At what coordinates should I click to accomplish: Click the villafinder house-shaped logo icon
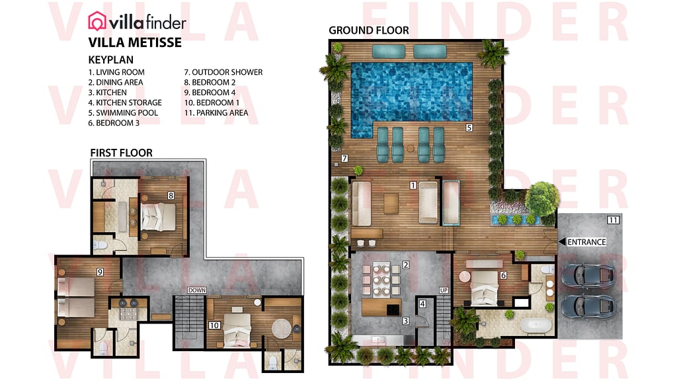[x=97, y=22]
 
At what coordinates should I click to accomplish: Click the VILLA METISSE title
[x=135, y=43]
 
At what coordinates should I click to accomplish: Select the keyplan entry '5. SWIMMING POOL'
[x=120, y=113]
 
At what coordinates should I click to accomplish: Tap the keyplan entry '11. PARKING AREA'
[x=216, y=113]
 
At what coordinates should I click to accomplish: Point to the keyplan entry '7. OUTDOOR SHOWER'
[x=223, y=72]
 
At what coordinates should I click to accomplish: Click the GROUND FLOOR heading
[x=368, y=30]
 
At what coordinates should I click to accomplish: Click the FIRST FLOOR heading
[x=121, y=153]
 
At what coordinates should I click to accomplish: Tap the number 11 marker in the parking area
[x=612, y=220]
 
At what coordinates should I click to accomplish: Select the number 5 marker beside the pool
[x=469, y=127]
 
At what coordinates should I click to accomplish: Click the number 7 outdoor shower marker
[x=344, y=159]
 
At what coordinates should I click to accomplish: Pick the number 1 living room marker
[x=413, y=186]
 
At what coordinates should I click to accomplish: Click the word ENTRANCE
[x=586, y=242]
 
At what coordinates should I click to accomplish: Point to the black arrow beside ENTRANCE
[x=562, y=242]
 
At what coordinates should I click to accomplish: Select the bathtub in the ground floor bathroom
[x=533, y=326]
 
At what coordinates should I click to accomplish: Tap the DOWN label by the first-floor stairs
[x=197, y=290]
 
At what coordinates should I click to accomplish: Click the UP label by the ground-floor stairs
[x=444, y=290]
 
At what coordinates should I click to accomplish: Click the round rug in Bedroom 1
[x=280, y=328]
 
